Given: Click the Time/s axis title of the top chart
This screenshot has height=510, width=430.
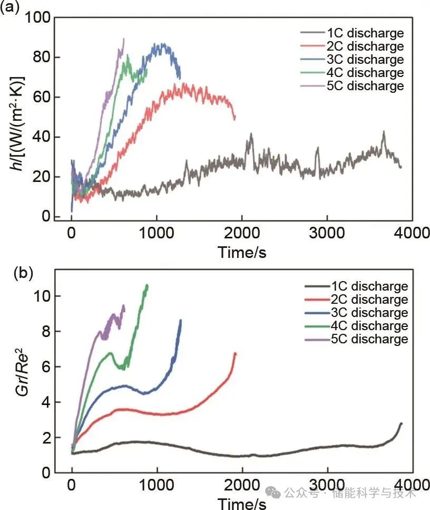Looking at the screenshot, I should [242, 252].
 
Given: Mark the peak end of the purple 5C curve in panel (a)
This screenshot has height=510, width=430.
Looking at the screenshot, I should [123, 39].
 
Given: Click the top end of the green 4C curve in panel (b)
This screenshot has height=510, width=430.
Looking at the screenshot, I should [147, 285].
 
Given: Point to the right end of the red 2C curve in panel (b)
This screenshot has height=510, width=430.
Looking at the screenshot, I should [235, 353].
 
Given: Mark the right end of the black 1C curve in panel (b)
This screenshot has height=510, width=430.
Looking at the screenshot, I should [402, 423].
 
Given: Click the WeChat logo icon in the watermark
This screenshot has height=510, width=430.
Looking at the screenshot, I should [273, 493].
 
